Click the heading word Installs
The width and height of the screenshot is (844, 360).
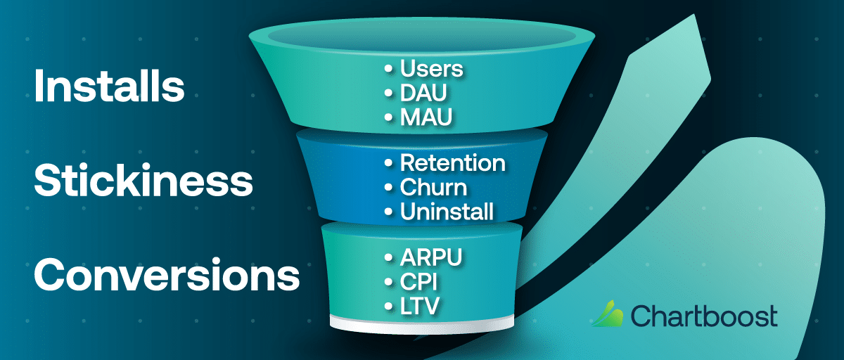pyautogui.click(x=109, y=87)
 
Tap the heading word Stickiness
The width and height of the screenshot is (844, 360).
pyautogui.click(x=143, y=181)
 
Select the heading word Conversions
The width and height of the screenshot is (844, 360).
pyautogui.click(x=167, y=275)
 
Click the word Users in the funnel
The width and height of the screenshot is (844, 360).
pyautogui.click(x=432, y=69)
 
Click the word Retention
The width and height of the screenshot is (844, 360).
pyautogui.click(x=452, y=163)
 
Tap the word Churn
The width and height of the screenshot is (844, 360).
pyautogui.click(x=433, y=188)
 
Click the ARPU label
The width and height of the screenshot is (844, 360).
pyautogui.click(x=431, y=258)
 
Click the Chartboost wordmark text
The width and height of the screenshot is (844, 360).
pyautogui.click(x=703, y=316)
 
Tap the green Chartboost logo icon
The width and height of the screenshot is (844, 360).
pyautogui.click(x=607, y=314)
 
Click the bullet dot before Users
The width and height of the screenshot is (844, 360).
pyautogui.click(x=389, y=70)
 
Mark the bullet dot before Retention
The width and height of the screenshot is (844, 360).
pyautogui.click(x=389, y=164)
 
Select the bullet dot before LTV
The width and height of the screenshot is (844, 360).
pyautogui.click(x=389, y=307)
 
